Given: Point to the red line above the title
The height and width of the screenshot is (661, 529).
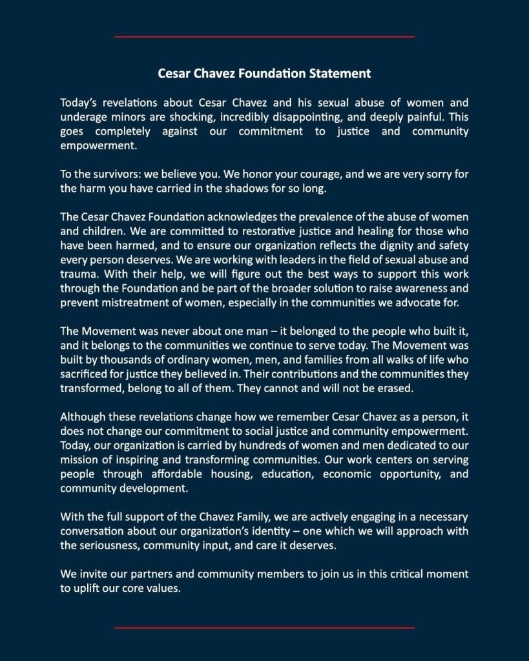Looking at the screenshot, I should (264, 37).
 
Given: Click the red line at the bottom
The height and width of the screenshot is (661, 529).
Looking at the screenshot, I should (264, 627).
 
